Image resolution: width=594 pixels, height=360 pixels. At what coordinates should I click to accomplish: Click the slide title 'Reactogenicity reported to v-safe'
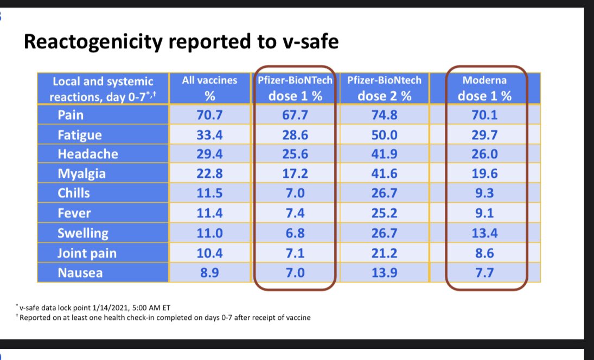[x=181, y=42]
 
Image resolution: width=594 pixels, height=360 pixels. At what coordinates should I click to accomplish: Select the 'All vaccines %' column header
[x=210, y=88]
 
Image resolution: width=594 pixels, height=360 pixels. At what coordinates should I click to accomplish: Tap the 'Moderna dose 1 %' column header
[x=485, y=88]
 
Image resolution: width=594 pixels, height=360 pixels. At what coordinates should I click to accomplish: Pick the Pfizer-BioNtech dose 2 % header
[x=384, y=88]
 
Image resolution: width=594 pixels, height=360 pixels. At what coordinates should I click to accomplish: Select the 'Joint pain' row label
[x=87, y=253]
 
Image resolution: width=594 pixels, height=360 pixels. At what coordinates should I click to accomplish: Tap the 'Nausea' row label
[x=81, y=273]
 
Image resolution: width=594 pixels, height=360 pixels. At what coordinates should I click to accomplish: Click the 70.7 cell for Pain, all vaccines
[x=210, y=114]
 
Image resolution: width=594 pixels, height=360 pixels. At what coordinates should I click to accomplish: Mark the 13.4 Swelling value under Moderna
[x=485, y=233]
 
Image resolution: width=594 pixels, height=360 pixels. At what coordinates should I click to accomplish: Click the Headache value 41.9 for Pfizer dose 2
[x=384, y=154]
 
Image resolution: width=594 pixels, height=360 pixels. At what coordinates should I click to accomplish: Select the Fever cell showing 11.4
[x=210, y=213]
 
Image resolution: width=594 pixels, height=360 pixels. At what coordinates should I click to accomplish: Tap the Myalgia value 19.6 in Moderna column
[x=485, y=173]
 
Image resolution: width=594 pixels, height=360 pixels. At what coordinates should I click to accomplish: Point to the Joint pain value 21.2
[x=384, y=253]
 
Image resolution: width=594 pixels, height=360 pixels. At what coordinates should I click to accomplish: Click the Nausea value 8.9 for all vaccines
[x=210, y=273]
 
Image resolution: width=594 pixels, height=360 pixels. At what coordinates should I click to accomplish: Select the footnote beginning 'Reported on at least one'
[x=165, y=318]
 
